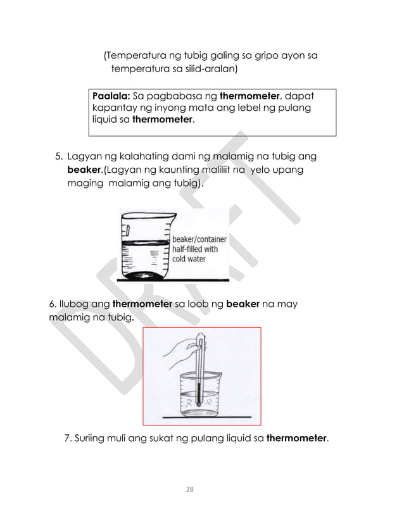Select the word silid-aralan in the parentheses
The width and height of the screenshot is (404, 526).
click(x=205, y=68)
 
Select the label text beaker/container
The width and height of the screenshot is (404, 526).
click(x=201, y=239)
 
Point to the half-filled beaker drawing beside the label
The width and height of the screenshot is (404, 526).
click(x=144, y=247)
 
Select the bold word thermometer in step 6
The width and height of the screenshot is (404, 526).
click(x=142, y=304)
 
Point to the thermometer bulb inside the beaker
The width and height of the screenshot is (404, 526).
click(x=198, y=402)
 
